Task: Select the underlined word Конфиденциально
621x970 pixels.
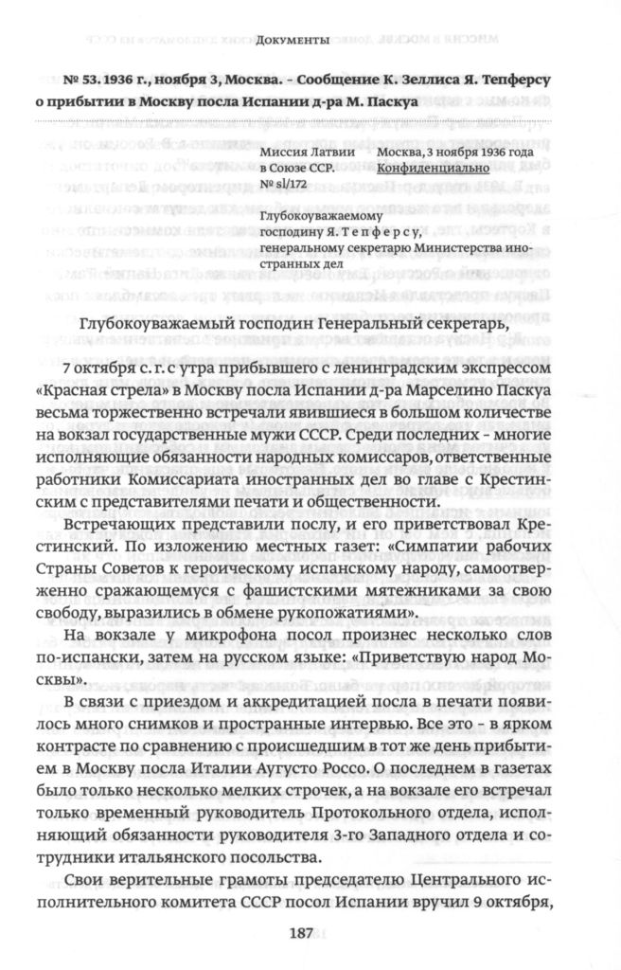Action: [432, 169]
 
